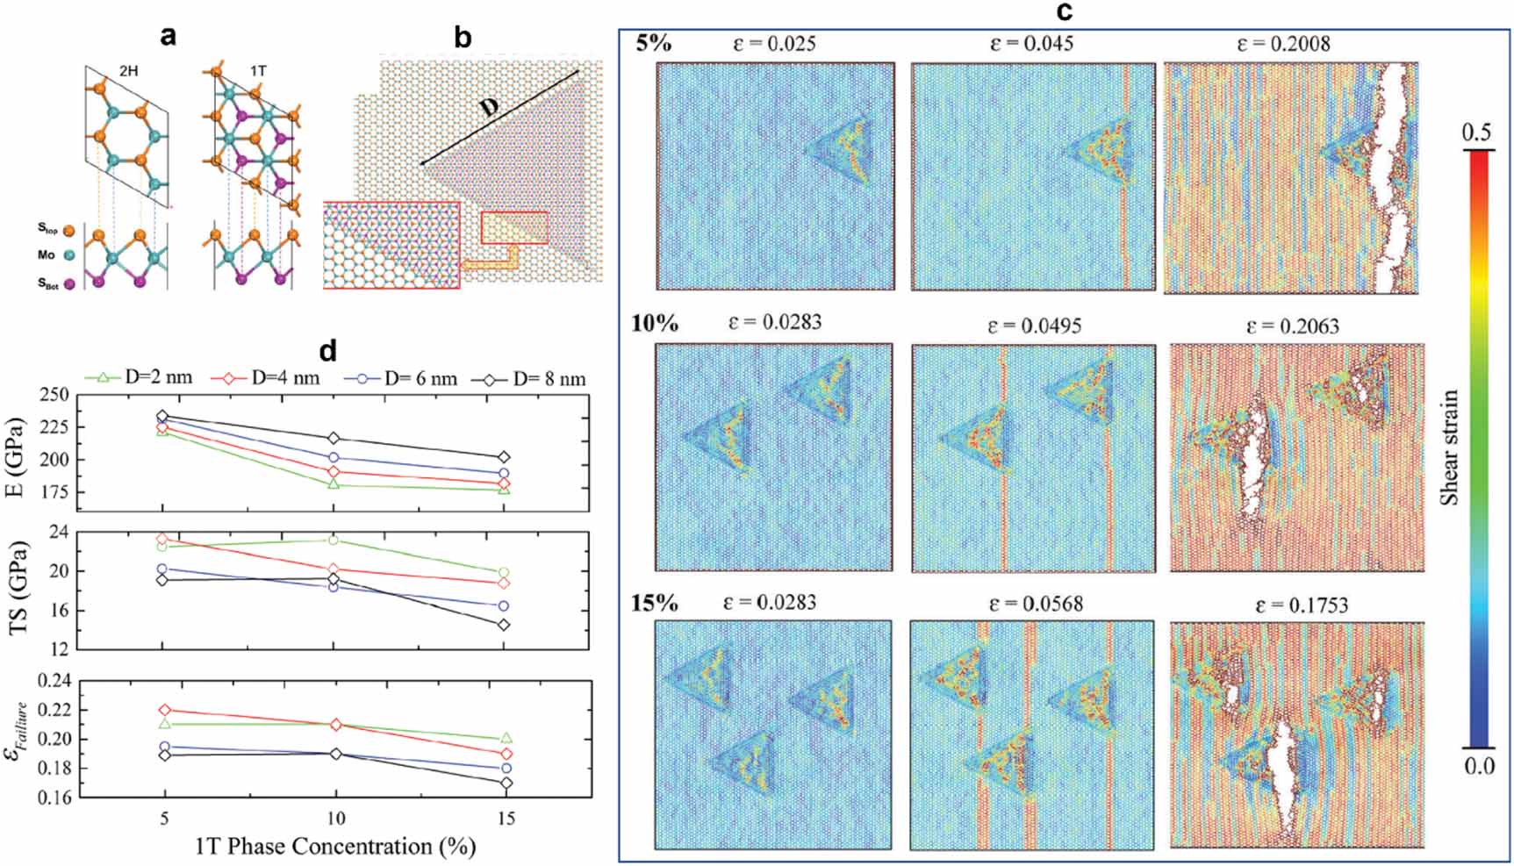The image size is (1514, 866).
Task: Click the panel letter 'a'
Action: coord(168,36)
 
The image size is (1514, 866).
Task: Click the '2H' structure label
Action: coord(128,71)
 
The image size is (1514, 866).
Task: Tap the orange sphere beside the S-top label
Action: coord(69,230)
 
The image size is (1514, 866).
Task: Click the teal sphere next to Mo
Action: coord(69,255)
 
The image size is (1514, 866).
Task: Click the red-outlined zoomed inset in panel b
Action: coord(391,245)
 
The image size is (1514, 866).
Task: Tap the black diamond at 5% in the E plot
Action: coord(162,416)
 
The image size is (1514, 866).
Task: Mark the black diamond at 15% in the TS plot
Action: coord(504,625)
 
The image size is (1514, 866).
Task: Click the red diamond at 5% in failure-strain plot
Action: coord(163,710)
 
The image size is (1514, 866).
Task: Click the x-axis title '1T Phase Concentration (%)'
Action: coord(334,846)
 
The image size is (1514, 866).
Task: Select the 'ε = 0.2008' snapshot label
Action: coord(1282,44)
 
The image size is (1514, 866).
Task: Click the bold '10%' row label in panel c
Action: coord(654,323)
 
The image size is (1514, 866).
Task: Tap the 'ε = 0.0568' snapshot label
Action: coord(1036,604)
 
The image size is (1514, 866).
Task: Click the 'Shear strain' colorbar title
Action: coord(1449,447)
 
